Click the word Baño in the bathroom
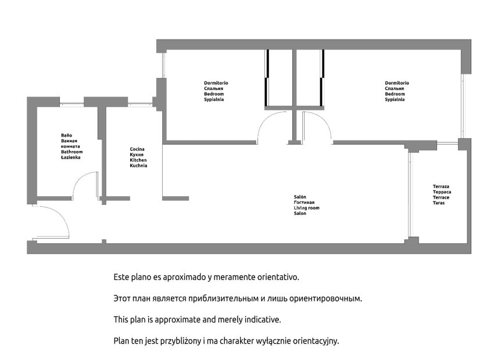click(66, 135)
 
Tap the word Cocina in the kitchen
click(137, 149)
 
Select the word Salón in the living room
click(300, 197)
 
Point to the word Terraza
click(441, 186)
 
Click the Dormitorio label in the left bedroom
click(216, 83)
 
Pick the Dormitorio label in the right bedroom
click(397, 83)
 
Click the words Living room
click(306, 208)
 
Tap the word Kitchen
click(138, 160)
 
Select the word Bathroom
click(72, 152)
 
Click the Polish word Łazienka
click(70, 157)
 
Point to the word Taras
click(439, 203)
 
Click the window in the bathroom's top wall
click(71, 102)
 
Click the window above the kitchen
click(140, 102)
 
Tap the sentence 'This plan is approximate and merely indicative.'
click(197, 320)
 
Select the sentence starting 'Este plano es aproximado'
click(206, 277)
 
